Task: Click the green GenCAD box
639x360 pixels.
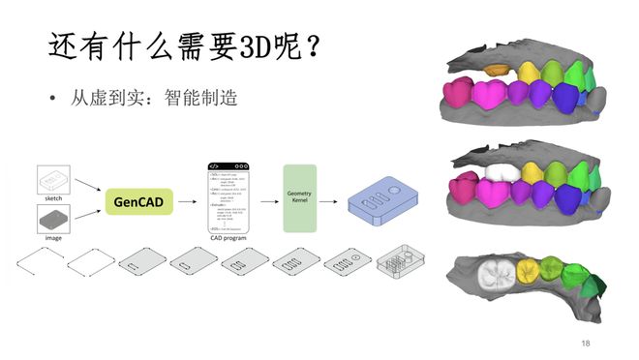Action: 138,203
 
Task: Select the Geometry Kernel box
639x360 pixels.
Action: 299,197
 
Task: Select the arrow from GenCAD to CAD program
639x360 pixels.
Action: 190,203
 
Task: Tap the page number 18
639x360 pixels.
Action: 586,344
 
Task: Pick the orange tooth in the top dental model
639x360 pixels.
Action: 498,70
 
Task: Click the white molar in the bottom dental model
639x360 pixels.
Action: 497,274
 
